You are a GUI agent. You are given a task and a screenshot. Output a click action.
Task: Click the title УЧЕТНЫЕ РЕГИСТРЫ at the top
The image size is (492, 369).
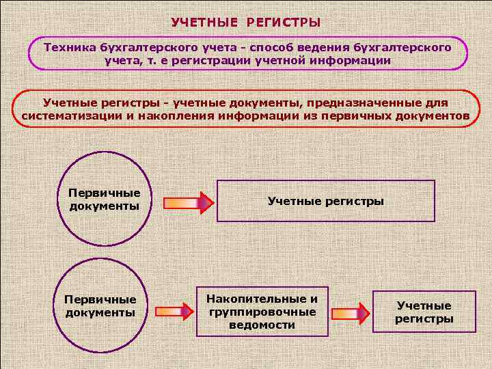tap(245, 23)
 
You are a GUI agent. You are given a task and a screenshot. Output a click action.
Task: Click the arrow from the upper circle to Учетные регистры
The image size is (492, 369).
tap(188, 203)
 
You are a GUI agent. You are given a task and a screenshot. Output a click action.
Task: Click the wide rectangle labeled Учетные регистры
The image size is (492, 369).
tap(326, 201)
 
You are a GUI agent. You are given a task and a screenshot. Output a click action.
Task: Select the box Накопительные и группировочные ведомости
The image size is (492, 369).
tap(262, 311)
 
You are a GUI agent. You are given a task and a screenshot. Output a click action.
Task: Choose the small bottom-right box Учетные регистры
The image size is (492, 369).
tap(424, 312)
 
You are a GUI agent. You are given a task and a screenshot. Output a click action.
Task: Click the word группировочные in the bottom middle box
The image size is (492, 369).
tap(262, 312)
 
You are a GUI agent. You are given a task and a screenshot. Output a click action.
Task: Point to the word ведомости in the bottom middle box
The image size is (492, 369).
tap(262, 325)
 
